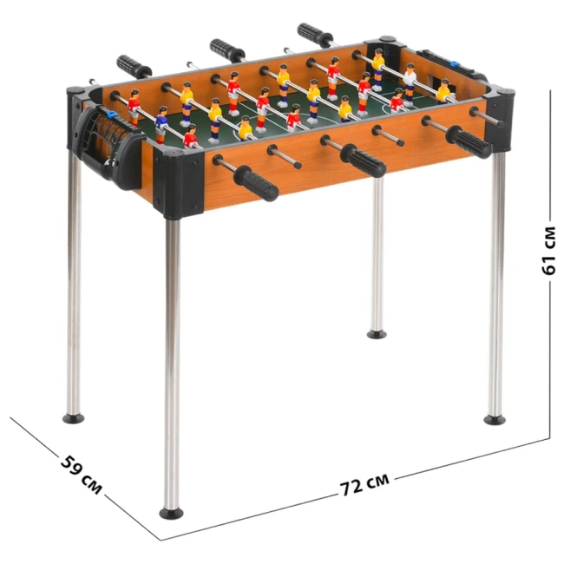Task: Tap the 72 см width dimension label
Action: coord(364,484)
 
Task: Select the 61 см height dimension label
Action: coord(548,251)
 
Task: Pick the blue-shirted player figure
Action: coord(161,124)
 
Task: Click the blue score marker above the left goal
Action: coord(112,115)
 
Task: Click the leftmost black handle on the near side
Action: coord(256,183)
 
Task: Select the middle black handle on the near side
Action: coord(363,161)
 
